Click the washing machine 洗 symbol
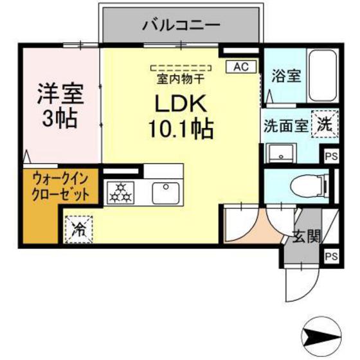[325, 124]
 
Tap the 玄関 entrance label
[307, 236]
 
